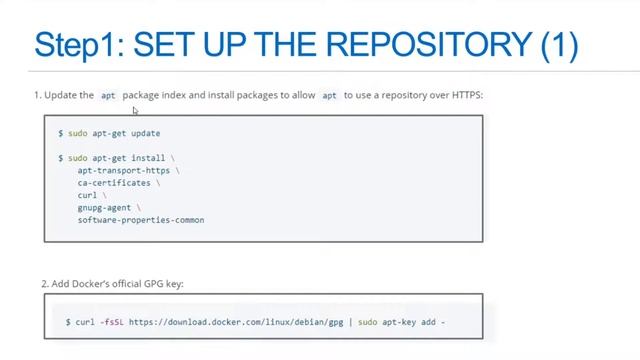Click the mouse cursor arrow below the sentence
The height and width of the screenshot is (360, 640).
135,111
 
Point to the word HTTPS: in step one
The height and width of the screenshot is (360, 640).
465,95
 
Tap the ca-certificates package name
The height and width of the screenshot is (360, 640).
115,183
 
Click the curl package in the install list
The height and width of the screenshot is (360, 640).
87,195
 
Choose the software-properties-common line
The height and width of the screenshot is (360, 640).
140,219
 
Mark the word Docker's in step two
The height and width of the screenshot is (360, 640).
90,284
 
